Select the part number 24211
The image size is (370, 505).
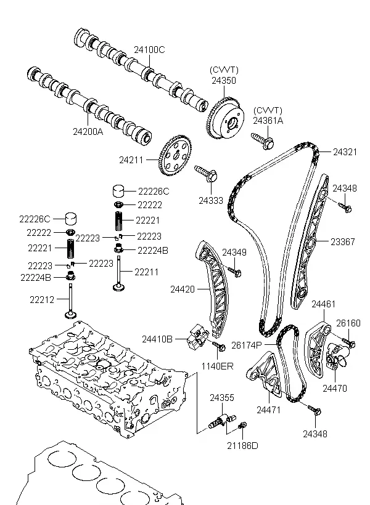[x=131, y=160]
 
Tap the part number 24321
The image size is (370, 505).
[x=345, y=151]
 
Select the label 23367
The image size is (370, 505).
[x=343, y=242]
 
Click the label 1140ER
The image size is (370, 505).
[x=218, y=366]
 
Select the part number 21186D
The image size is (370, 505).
[x=242, y=445]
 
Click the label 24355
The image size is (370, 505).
[x=221, y=398]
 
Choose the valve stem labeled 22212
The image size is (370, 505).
[x=72, y=300]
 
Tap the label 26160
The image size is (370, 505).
[x=348, y=322]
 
